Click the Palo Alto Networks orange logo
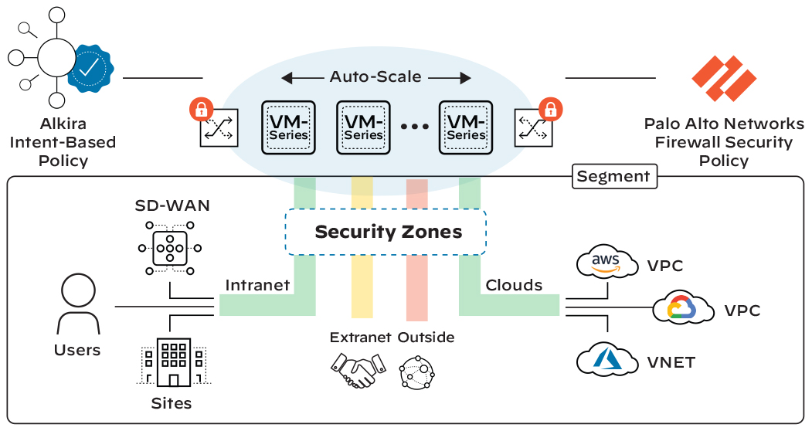click(x=724, y=78)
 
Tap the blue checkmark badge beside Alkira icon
click(x=90, y=69)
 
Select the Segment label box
click(x=614, y=176)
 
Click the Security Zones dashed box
click(x=386, y=232)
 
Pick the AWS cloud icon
click(x=607, y=262)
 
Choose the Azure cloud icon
click(x=607, y=359)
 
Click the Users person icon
click(x=78, y=304)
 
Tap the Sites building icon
click(x=174, y=362)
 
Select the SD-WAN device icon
click(x=170, y=248)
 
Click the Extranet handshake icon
click(x=358, y=370)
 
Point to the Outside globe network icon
click(x=417, y=372)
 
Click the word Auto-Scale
click(x=376, y=76)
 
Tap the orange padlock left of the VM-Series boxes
click(x=202, y=110)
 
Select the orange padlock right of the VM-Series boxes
click(x=551, y=110)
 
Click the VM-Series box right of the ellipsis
click(x=466, y=128)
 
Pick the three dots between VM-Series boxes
click(x=415, y=127)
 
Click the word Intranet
click(x=257, y=285)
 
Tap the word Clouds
click(x=514, y=285)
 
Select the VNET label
click(x=671, y=362)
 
